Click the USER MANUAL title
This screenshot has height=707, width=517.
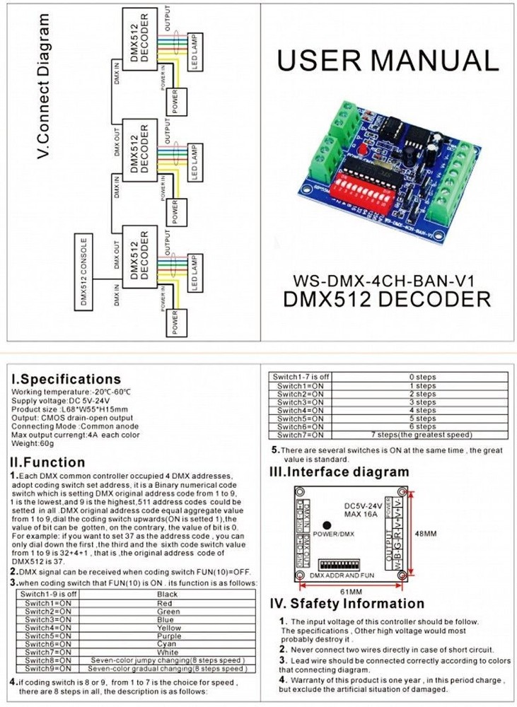click(x=387, y=61)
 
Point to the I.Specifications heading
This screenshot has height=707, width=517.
click(x=66, y=379)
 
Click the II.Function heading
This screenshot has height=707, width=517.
click(x=48, y=462)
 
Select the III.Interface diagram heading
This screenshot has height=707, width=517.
click(x=339, y=472)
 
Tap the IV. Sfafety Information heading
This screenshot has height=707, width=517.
click(x=347, y=603)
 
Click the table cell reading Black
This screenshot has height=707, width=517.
click(x=167, y=595)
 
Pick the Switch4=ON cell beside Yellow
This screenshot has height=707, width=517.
click(x=46, y=628)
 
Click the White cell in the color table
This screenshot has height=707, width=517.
click(x=167, y=652)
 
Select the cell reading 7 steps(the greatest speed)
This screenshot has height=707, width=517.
click(x=421, y=435)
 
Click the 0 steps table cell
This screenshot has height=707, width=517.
click(x=422, y=378)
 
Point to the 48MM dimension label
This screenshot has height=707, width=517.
click(x=425, y=533)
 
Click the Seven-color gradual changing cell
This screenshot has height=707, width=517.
click(x=167, y=668)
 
